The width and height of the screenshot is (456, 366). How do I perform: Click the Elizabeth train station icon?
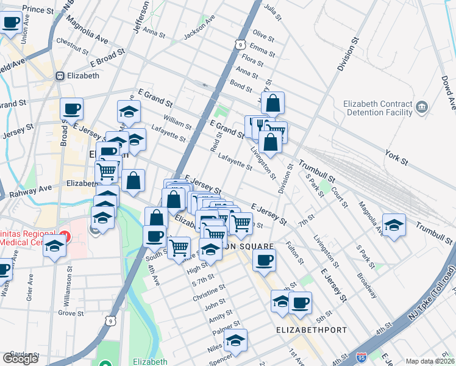click(x=60, y=76)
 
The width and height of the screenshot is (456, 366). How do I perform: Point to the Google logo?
click(x=20, y=359)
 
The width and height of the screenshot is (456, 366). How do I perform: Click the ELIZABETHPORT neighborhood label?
click(x=312, y=330)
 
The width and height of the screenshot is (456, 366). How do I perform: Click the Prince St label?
click(x=38, y=9)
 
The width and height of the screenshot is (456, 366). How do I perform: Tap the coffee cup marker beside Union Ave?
click(x=10, y=23)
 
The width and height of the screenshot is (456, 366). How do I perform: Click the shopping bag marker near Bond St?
click(x=273, y=103)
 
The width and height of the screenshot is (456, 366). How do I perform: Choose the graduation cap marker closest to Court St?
click(x=394, y=225)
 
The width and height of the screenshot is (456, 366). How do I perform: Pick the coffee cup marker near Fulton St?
click(x=264, y=260)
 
